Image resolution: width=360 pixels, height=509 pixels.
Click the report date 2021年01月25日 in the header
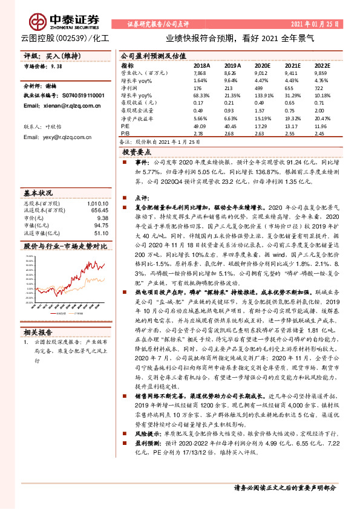click(315, 24)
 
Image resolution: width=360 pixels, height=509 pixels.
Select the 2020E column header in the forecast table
click(262, 65)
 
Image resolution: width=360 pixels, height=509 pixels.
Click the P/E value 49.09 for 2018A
click(200, 125)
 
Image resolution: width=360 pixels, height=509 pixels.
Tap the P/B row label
click(125, 132)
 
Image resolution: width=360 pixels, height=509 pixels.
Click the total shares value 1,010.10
click(98, 203)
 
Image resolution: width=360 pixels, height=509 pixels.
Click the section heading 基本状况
click(38, 193)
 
